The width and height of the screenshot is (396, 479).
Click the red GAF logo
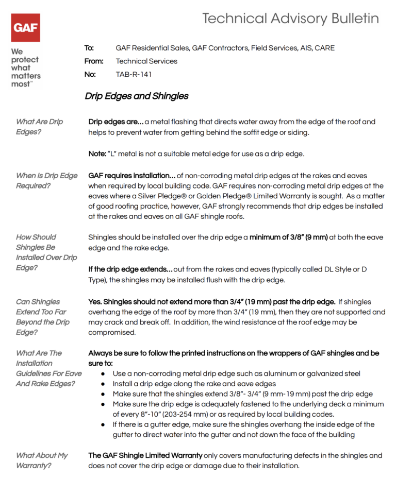pos(25,27)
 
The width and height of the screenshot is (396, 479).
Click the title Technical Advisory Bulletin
pos(290,19)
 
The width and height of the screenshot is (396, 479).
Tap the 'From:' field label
pos(94,61)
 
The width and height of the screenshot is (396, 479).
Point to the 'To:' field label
pos(89,48)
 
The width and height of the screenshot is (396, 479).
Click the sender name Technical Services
pos(146,61)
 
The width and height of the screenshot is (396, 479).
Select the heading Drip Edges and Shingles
pos(137,96)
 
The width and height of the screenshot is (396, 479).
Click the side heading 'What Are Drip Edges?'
pos(39,127)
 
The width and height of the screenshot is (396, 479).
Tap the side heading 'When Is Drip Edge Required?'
pos(46,180)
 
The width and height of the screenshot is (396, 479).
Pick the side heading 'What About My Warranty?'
pos(42,460)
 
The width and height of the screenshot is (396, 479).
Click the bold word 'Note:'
pos(97,154)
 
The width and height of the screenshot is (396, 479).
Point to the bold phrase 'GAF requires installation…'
pos(131,176)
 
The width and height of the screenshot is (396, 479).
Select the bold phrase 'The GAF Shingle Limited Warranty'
pos(145,455)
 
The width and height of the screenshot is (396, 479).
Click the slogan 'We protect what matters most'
pos(25,67)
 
